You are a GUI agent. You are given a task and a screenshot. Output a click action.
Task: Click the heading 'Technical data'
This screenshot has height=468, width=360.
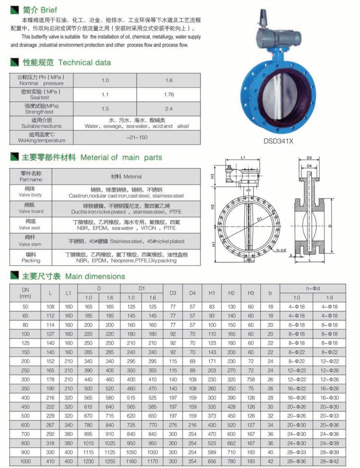[x=84, y=63]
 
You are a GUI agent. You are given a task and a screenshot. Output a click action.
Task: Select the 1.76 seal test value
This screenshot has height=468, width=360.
[x=169, y=95]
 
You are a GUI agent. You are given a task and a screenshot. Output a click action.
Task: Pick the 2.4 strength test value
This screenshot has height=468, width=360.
[x=169, y=109]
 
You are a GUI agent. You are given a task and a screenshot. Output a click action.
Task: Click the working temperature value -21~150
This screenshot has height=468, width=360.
[x=137, y=137]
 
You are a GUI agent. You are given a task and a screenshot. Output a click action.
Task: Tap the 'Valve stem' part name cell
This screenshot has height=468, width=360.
[x=31, y=241]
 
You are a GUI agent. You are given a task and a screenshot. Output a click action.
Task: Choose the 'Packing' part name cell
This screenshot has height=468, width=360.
[x=31, y=257]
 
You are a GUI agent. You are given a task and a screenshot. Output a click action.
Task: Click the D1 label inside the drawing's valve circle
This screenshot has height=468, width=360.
[x=260, y=219]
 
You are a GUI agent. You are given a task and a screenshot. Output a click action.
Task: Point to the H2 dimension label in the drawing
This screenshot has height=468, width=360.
[x=212, y=206]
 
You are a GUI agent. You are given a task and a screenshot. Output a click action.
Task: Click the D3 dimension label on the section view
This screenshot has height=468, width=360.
[x=310, y=158]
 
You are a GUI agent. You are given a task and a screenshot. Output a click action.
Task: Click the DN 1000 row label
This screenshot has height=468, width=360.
[x=25, y=462]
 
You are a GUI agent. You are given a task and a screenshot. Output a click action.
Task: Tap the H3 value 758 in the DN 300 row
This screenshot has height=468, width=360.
[x=251, y=380]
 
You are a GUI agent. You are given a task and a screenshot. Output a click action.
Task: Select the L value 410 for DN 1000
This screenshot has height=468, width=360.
[x=50, y=462]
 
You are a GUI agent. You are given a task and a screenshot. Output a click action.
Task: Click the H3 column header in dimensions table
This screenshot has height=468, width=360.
[x=251, y=293]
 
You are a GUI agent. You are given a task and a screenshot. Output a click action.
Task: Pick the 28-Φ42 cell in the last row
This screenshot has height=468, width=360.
[x=330, y=462]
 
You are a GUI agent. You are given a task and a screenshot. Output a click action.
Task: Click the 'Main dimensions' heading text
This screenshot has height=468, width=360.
[x=95, y=276]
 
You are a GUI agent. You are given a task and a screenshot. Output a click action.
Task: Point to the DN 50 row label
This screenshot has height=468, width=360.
[x=25, y=307]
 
